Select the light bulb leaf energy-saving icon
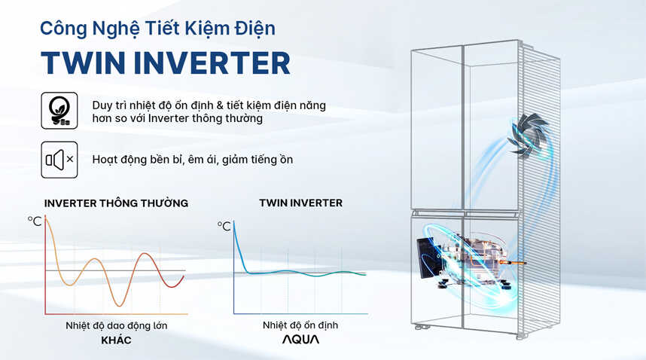pyautogui.click(x=59, y=111)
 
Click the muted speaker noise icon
pyautogui.click(x=59, y=160)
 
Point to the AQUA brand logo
pyautogui.click(x=300, y=340)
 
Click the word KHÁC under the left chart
pyautogui.click(x=116, y=340)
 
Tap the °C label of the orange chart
pyautogui.click(x=35, y=221)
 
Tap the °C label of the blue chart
pyautogui.click(x=224, y=226)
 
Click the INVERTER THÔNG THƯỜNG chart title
pyautogui.click(x=116, y=203)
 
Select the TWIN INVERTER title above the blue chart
pyautogui.click(x=300, y=203)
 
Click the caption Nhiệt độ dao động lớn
pyautogui.click(x=117, y=326)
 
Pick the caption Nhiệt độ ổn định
pyautogui.click(x=300, y=325)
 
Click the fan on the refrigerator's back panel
pyautogui.click(x=528, y=135)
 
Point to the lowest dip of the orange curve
pyautogui.click(x=120, y=306)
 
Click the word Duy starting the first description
pyautogui.click(x=102, y=106)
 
